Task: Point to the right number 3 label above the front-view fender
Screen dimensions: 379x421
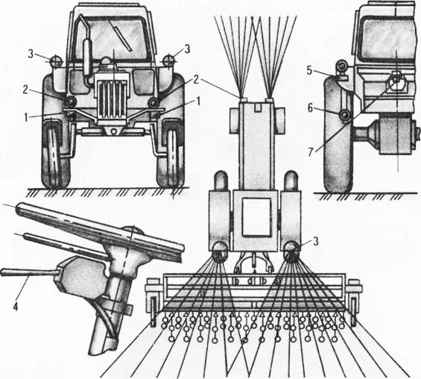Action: coord(188,48)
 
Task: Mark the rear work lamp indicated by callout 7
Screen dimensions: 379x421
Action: coord(395,81)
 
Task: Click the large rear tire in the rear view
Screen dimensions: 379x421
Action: coord(339,149)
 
